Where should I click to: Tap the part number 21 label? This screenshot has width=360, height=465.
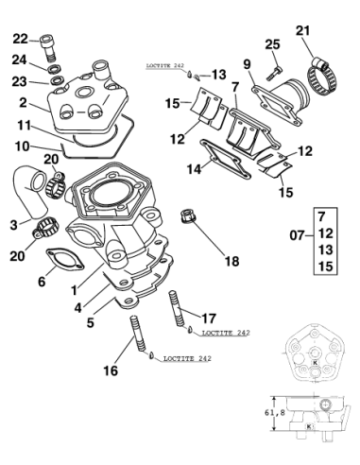[x=302, y=31]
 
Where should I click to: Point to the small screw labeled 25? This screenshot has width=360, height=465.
[x=274, y=72]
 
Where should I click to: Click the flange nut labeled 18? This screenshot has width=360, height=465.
[x=186, y=216]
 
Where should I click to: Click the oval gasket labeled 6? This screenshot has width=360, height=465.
[x=65, y=259]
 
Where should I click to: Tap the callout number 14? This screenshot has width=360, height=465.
[x=194, y=169]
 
